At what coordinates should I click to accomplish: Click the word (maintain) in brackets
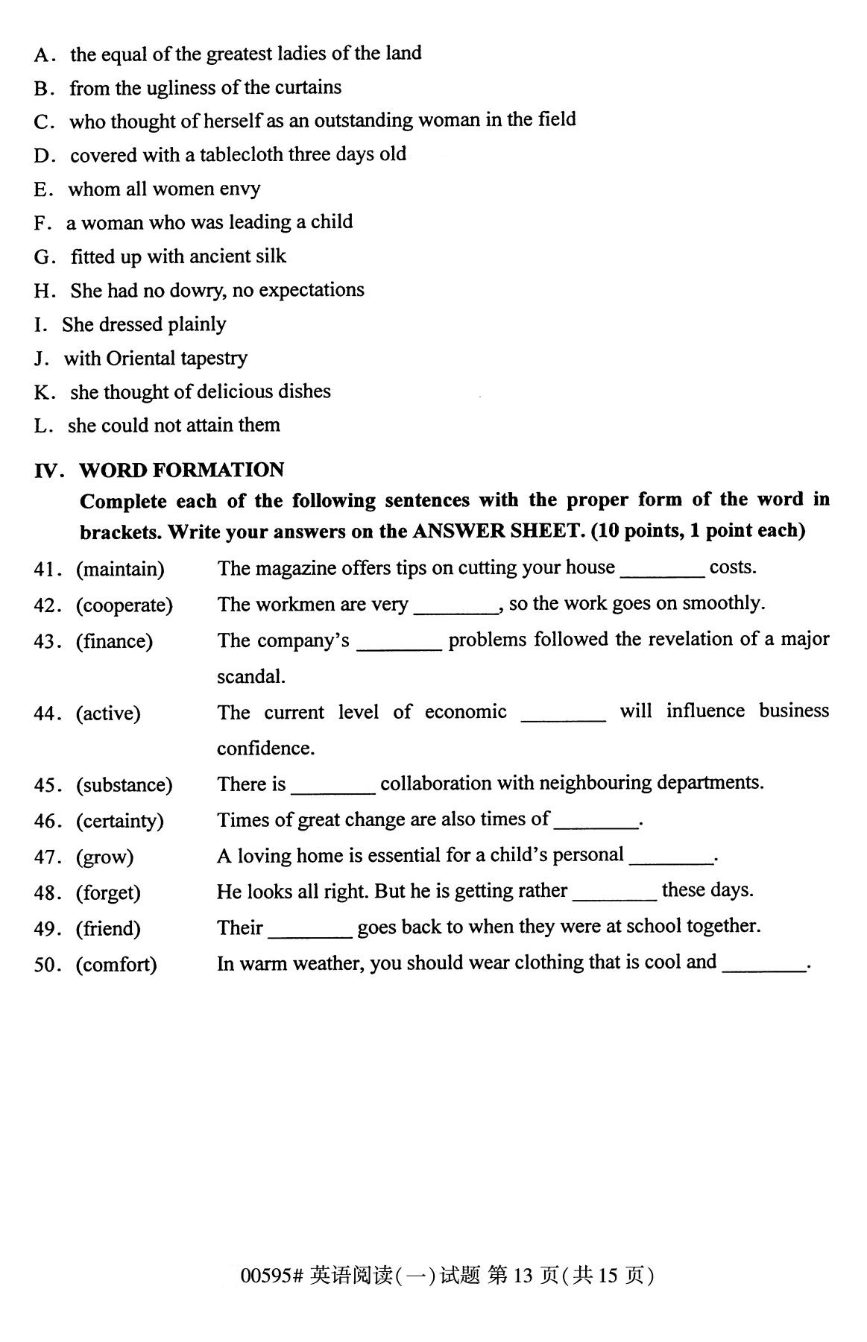click(120, 570)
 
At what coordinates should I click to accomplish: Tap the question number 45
click(46, 785)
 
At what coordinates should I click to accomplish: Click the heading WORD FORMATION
click(181, 470)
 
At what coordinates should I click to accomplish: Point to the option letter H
click(43, 291)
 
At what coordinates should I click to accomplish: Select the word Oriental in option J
click(141, 359)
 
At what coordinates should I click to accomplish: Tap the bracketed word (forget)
click(108, 892)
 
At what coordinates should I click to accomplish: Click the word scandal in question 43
click(250, 677)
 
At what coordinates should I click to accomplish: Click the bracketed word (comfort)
click(116, 964)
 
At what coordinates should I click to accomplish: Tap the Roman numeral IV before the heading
click(48, 470)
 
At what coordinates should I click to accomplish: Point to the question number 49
click(46, 929)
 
